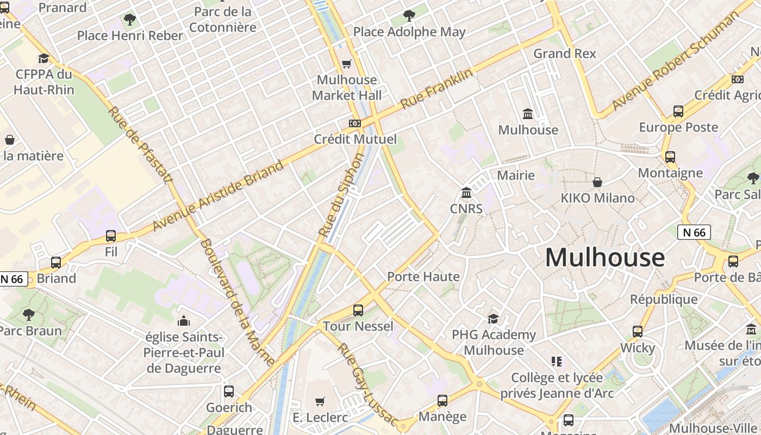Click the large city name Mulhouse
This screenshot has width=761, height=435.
pos(604,258)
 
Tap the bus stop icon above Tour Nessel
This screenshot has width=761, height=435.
pos(358,310)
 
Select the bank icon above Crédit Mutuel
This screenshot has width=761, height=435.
pos(355,123)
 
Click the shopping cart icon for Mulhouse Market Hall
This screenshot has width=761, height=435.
pos(347,64)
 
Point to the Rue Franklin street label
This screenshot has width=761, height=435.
pos(436,89)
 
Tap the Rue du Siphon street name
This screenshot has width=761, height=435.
pos(341,195)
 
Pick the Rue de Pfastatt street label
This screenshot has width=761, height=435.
pos(140,145)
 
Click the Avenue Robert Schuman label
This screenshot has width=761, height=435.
pos(672,60)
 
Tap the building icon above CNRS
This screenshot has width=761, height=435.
pos(466,193)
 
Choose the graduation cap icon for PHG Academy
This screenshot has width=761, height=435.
pos(493,319)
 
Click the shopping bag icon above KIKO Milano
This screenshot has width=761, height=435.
pos(597,182)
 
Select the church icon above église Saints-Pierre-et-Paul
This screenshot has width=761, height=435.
pos(184,321)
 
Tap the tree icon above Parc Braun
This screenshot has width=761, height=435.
pos(29,314)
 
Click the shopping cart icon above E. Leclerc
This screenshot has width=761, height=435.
pos(320,401)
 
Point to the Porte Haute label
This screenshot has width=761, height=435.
pos(423,277)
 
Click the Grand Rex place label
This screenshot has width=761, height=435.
pos(565,53)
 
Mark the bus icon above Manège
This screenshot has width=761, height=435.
pos(442,401)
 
